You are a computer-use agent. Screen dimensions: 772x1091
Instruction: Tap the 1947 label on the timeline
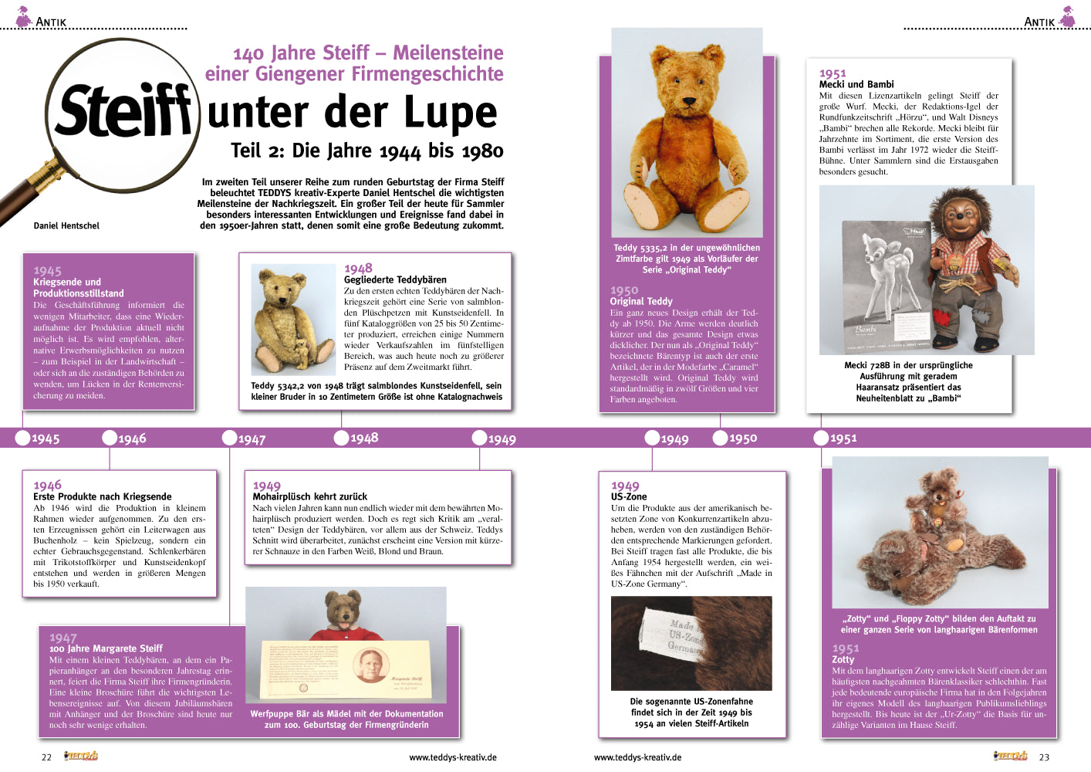point(252,439)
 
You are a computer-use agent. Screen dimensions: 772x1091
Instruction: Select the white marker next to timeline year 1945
point(22,438)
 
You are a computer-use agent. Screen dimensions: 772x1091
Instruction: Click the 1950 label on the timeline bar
point(743,438)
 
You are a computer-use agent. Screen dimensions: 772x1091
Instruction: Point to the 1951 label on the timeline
point(843,438)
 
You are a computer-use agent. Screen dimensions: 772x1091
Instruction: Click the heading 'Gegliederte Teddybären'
point(395,279)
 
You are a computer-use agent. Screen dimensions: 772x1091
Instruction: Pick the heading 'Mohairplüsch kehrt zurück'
point(309,496)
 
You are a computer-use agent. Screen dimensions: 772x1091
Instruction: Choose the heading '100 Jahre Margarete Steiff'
point(106,648)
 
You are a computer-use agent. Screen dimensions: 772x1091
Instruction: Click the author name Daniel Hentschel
point(66,225)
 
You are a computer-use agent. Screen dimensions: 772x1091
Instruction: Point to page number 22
point(46,757)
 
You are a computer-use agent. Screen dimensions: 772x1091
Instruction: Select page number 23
point(1044,757)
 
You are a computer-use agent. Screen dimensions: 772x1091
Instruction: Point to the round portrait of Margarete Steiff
point(370,665)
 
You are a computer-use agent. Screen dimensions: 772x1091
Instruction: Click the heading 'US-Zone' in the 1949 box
point(629,496)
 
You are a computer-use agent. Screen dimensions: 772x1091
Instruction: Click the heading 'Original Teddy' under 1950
point(640,301)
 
